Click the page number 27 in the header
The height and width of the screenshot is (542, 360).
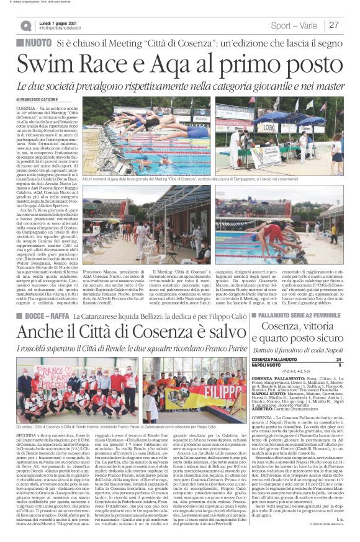(x=334, y=25)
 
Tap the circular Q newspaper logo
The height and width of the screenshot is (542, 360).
(x=25, y=25)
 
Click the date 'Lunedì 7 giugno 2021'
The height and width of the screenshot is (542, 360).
(x=60, y=22)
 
